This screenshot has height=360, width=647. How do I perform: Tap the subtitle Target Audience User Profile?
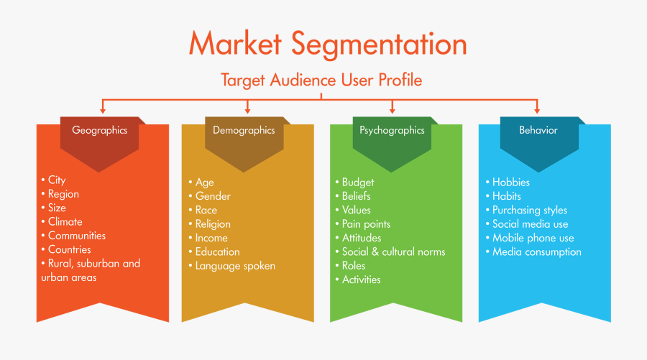pyautogui.click(x=321, y=80)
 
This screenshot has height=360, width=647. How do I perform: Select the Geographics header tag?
pyautogui.click(x=99, y=131)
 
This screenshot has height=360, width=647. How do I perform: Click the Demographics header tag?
pyautogui.click(x=244, y=131)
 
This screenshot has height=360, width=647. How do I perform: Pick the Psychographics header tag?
pyautogui.click(x=392, y=131)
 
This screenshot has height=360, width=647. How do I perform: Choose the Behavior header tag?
pyautogui.click(x=538, y=131)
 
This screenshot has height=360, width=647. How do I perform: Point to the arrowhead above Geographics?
pyautogui.click(x=104, y=109)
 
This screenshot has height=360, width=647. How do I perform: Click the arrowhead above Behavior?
pyautogui.click(x=538, y=109)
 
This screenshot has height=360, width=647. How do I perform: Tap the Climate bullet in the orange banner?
pyautogui.click(x=65, y=222)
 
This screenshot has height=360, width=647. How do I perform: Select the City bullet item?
pyautogui.click(x=56, y=180)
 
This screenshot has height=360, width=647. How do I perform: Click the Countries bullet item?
pyautogui.click(x=69, y=250)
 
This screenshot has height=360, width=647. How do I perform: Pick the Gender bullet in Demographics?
pyautogui.click(x=213, y=196)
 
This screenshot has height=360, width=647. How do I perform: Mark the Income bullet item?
pyautogui.click(x=211, y=238)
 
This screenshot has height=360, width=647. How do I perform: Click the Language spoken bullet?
pyautogui.click(x=235, y=266)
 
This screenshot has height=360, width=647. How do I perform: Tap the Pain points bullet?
pyautogui.click(x=366, y=224)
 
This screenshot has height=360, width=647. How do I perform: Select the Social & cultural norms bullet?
pyautogui.click(x=393, y=252)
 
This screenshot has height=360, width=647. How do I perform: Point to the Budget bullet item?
pyautogui.click(x=357, y=183)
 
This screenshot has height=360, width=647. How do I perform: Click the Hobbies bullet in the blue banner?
pyautogui.click(x=511, y=183)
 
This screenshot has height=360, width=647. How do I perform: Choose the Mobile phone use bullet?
pyautogui.click(x=533, y=238)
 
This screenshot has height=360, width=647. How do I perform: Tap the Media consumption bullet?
pyautogui.click(x=536, y=252)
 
